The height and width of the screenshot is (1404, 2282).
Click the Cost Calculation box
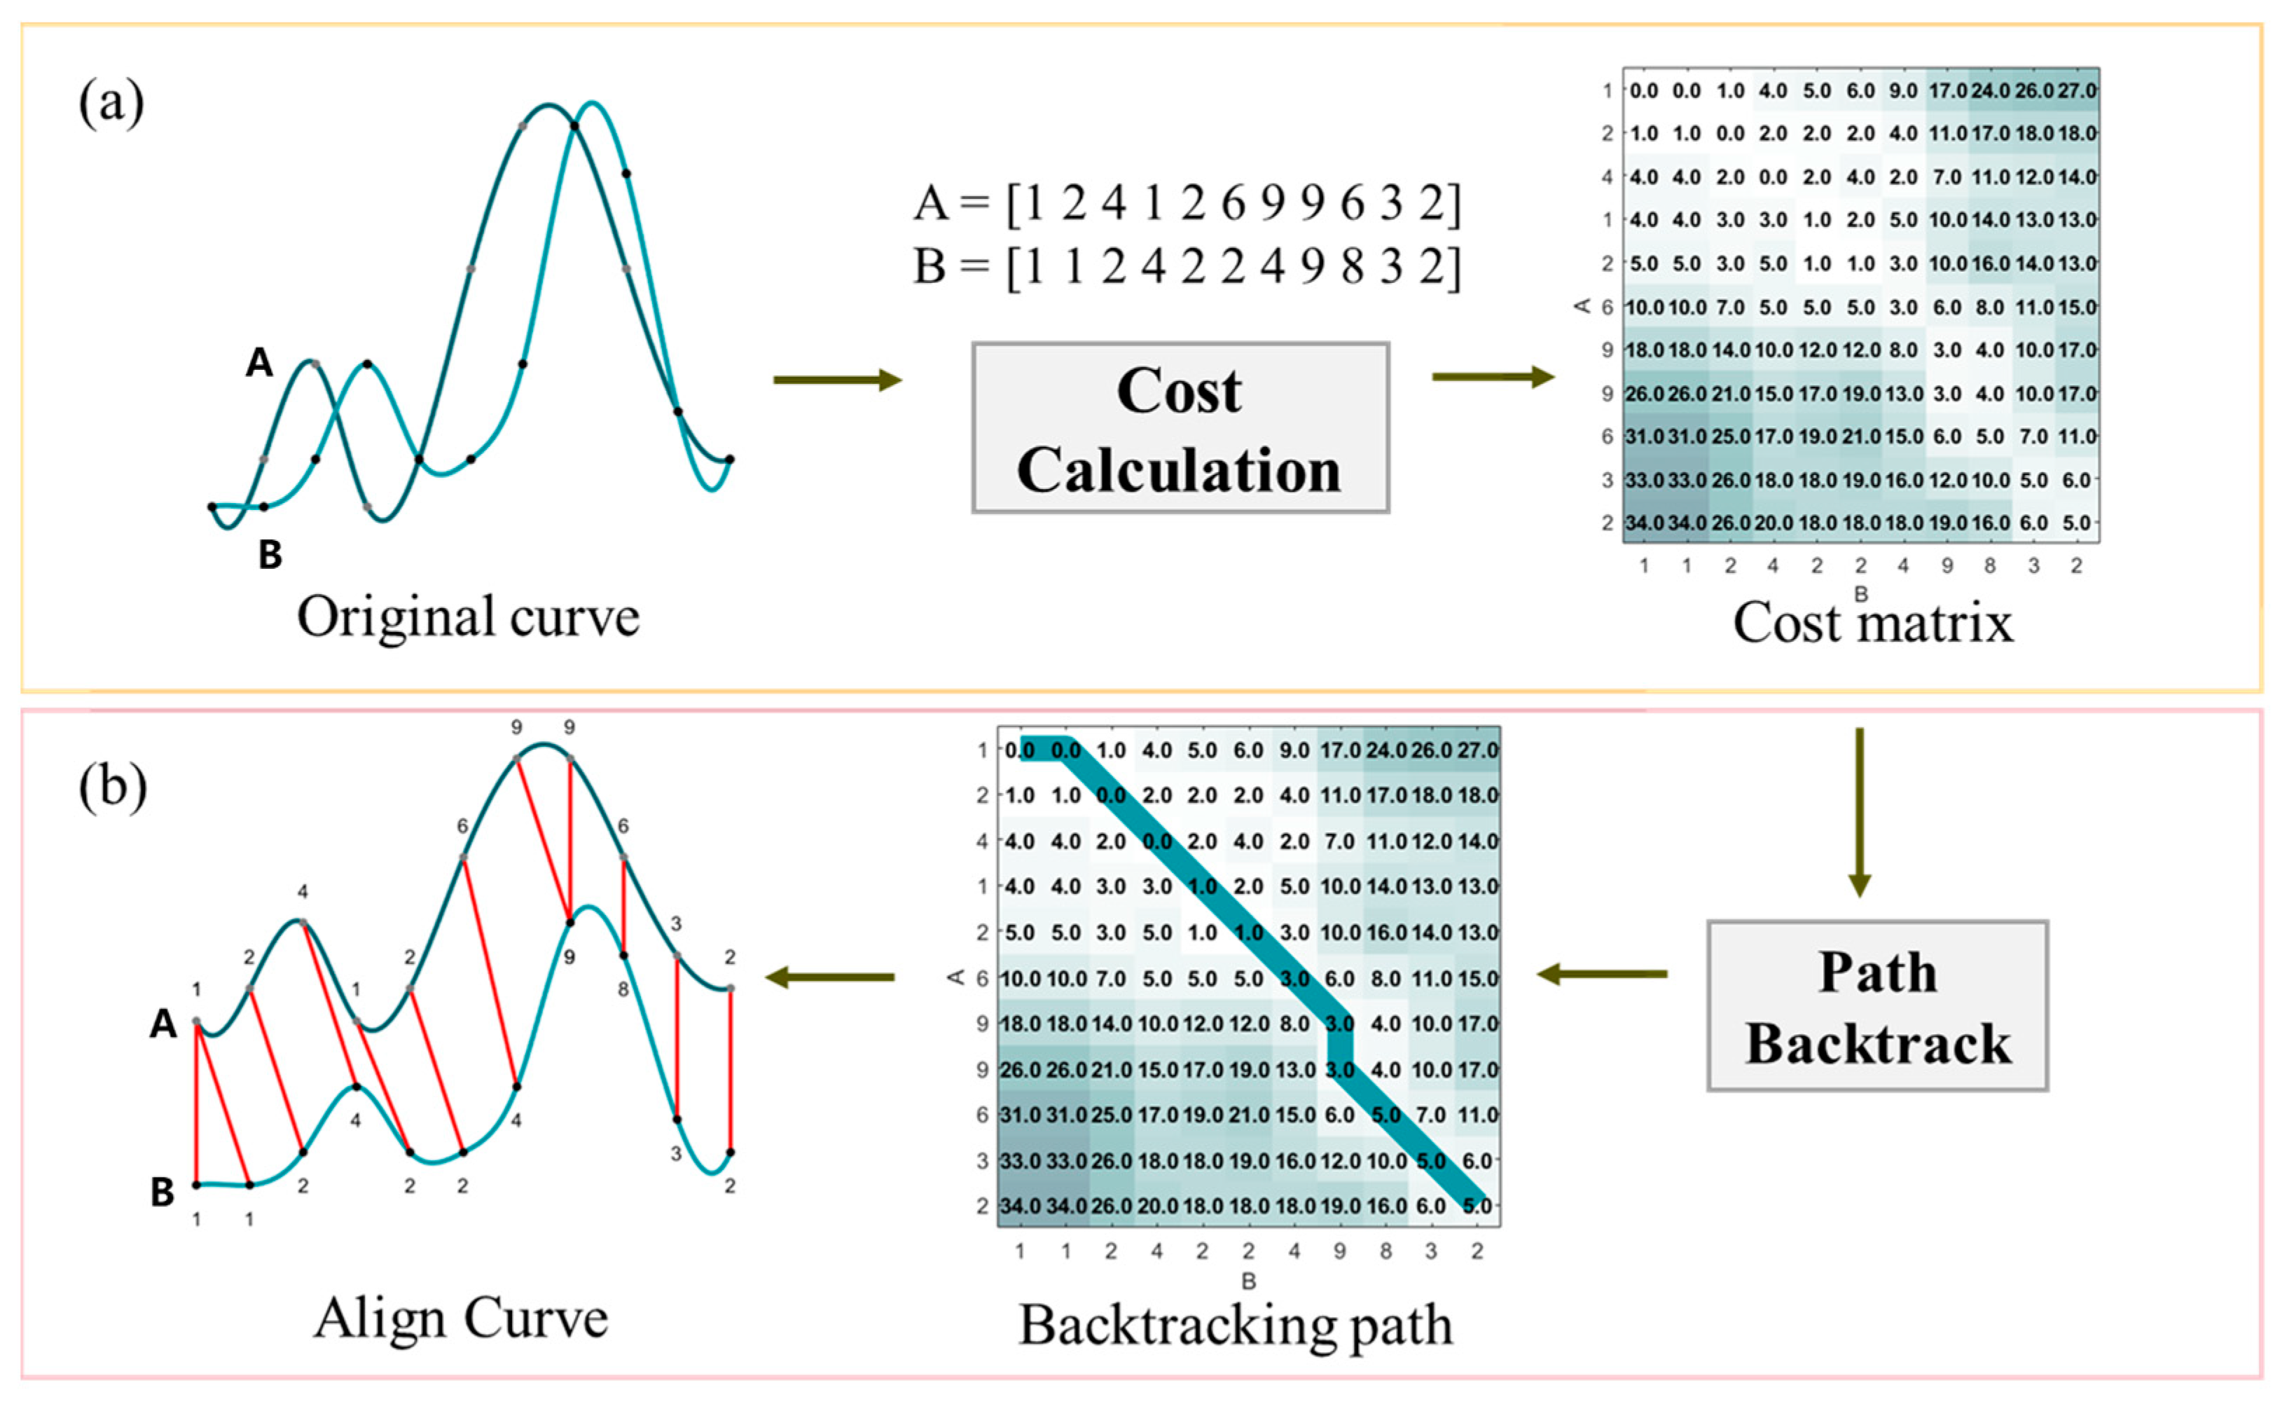click(1180, 428)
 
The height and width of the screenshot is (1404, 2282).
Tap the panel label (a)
click(111, 103)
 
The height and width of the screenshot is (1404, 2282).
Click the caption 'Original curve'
click(468, 617)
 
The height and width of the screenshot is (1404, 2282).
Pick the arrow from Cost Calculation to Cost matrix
click(1493, 377)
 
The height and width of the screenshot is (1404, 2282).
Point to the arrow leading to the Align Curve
click(830, 977)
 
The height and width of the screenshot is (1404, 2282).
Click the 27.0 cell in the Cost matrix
click(2077, 91)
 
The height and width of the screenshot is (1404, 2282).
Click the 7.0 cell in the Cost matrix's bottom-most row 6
click(2033, 436)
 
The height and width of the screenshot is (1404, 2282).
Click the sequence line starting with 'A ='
click(1187, 202)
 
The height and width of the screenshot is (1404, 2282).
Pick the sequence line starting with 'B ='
click(1187, 266)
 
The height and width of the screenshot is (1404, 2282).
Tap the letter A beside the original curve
click(259, 362)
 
